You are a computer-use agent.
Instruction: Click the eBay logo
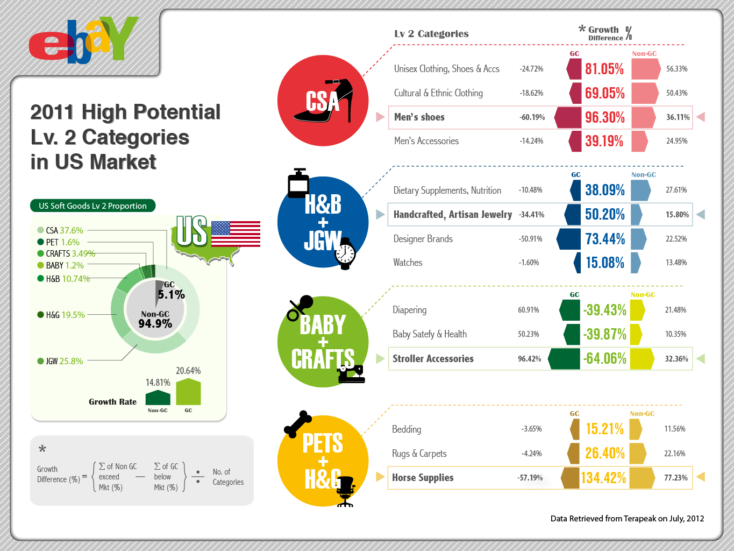(x=83, y=40)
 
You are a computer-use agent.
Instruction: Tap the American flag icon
(x=236, y=234)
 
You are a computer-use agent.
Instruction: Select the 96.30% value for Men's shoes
(x=604, y=117)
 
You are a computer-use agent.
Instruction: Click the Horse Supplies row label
(x=423, y=477)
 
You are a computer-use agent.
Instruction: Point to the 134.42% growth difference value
(x=603, y=478)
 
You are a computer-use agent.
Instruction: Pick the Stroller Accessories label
(x=433, y=359)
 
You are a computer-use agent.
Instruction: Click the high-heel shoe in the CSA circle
(x=323, y=101)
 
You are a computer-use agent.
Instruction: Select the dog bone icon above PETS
(x=297, y=424)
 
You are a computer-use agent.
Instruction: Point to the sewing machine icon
(x=352, y=374)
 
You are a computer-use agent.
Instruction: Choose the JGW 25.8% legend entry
(x=60, y=361)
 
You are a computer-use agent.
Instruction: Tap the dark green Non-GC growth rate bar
(x=158, y=398)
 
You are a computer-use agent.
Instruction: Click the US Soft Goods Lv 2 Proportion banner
(x=92, y=206)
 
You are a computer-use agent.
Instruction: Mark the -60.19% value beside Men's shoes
(x=532, y=117)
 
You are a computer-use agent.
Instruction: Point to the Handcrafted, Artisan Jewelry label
(x=452, y=215)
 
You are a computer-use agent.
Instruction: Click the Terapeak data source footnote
(x=627, y=519)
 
